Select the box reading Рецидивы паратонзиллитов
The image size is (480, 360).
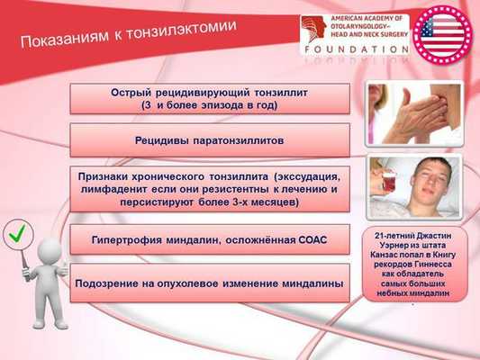[x=209, y=140]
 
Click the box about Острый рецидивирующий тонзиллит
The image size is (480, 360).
[x=209, y=98]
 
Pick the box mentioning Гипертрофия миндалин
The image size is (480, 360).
[x=209, y=240]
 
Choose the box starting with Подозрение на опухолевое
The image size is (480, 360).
[x=209, y=283]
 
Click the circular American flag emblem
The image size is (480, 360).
[x=441, y=34]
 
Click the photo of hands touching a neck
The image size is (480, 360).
[x=415, y=113]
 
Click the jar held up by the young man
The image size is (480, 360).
[x=388, y=181]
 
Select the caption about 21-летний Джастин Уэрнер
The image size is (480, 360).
[x=415, y=265]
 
